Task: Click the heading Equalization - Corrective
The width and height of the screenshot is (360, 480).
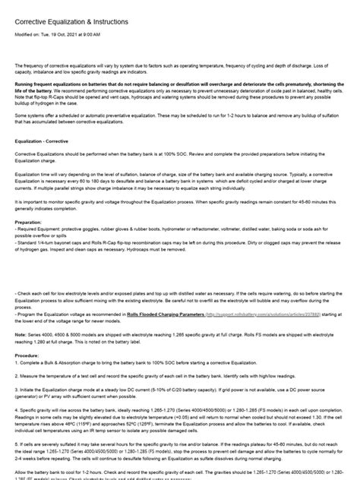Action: tap(48, 141)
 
